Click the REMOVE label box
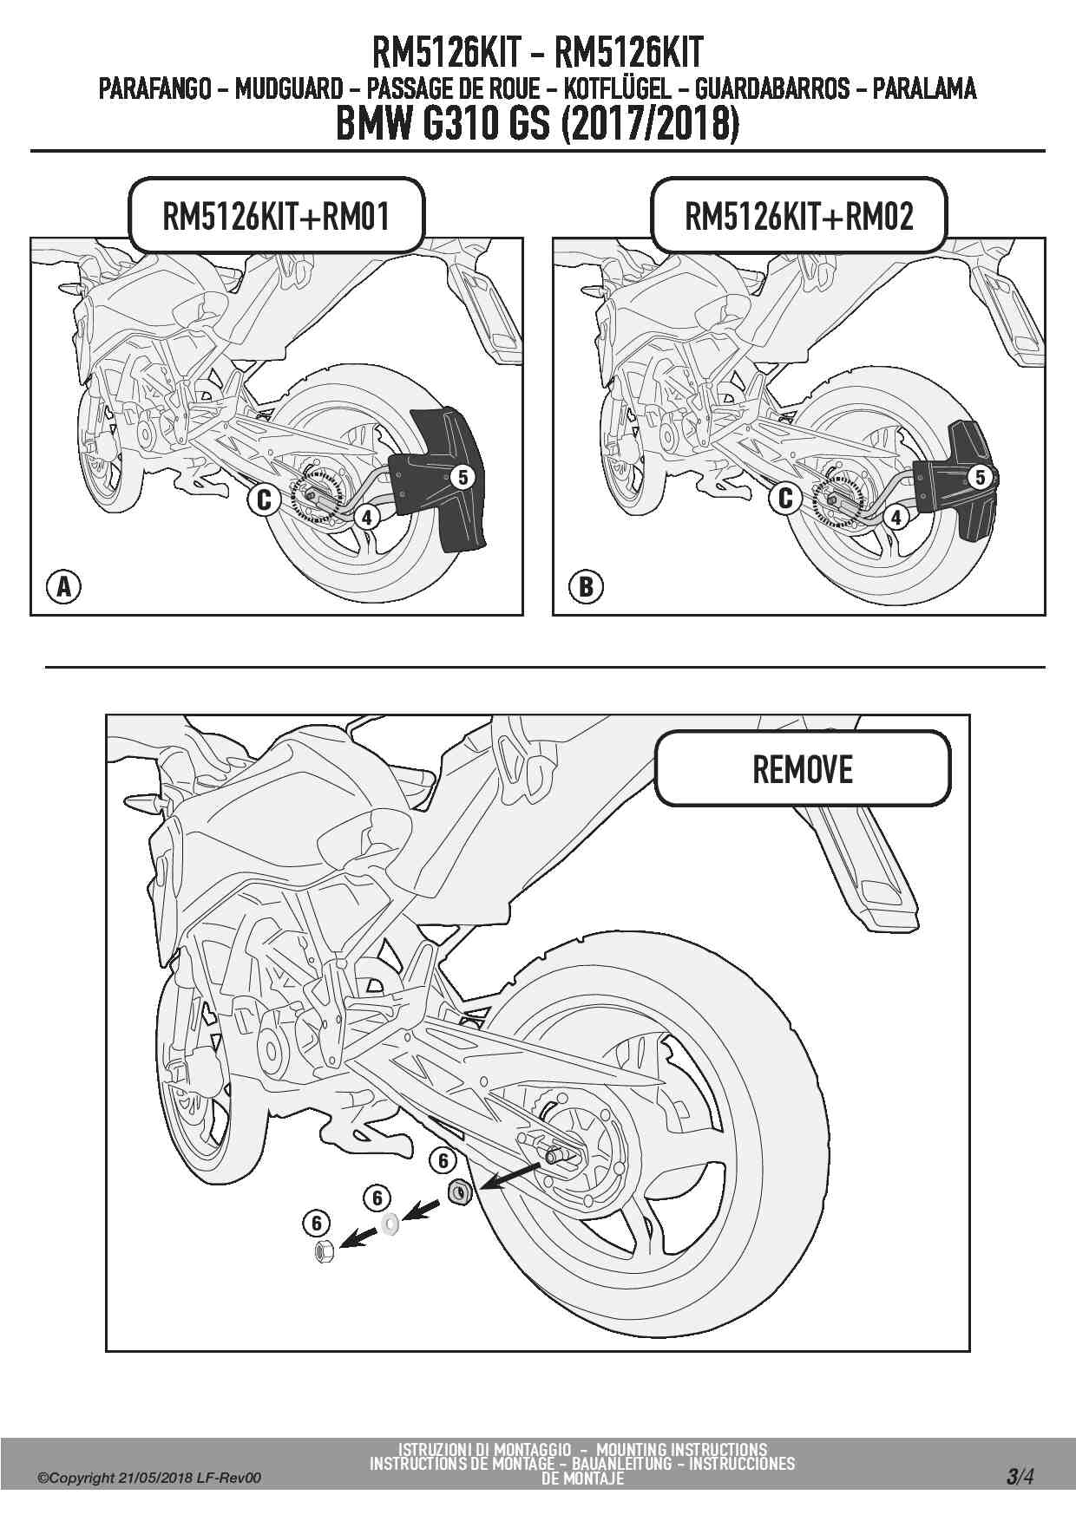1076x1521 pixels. pyautogui.click(x=803, y=769)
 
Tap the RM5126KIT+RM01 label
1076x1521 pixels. pyautogui.click(x=276, y=216)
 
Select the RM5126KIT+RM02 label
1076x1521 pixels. pyautogui.click(x=798, y=216)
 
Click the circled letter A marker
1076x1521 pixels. pyautogui.click(x=63, y=587)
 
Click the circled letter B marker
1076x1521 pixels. pyautogui.click(x=586, y=587)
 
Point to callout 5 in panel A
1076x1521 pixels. pyautogui.click(x=463, y=476)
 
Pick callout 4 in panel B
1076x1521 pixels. pyautogui.click(x=896, y=518)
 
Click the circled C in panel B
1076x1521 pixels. pyautogui.click(x=785, y=498)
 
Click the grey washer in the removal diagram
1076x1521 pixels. pyautogui.click(x=390, y=1224)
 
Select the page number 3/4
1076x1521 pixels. pyautogui.click(x=1020, y=1475)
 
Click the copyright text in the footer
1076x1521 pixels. pyautogui.click(x=148, y=1478)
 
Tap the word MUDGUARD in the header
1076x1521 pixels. pyautogui.click(x=288, y=88)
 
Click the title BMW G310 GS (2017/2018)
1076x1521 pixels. pyautogui.click(x=537, y=124)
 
